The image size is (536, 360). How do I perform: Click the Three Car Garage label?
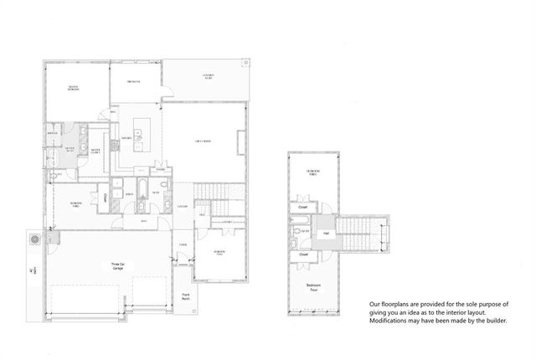(117, 266)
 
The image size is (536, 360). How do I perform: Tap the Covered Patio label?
(207, 78)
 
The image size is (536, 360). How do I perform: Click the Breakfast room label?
(133, 81)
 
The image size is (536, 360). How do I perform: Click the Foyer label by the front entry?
(183, 244)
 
